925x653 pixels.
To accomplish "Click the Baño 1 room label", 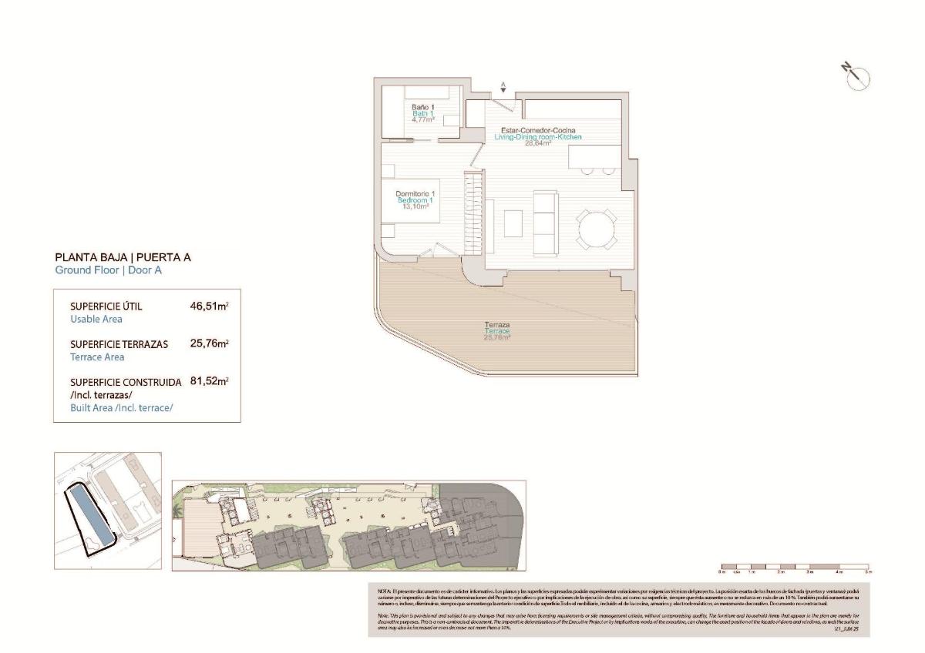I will pos(421,106).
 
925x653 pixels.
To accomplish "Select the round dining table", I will pos(597,229).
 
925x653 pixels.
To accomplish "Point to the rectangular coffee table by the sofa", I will pos(513,223).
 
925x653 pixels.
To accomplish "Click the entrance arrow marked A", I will pos(503,89).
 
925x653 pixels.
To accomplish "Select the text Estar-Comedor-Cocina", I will pos(537,130).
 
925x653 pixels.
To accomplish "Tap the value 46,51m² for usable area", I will pos(209,306).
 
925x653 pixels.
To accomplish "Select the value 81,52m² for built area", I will pos(209,381).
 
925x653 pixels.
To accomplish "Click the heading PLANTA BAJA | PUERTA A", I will pos(123,258).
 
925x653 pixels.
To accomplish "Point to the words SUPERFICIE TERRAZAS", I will pos(119,344).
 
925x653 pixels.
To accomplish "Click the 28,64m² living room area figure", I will pos(537,143).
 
